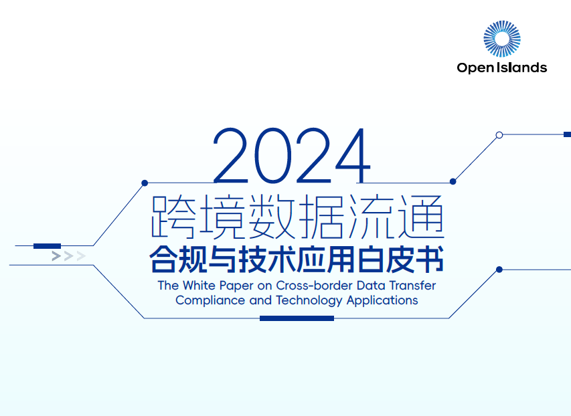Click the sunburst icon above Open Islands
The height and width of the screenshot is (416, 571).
click(x=501, y=38)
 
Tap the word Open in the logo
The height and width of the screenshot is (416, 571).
click(x=472, y=68)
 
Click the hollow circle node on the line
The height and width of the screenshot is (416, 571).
click(x=499, y=135)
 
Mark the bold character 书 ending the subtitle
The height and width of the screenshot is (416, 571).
click(x=430, y=260)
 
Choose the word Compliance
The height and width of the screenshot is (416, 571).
click(x=210, y=300)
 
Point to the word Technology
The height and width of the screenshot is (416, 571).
click(x=309, y=300)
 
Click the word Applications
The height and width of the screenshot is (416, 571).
click(x=382, y=300)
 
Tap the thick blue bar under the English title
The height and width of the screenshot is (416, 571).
click(x=297, y=318)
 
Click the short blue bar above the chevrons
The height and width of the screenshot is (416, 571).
click(x=47, y=246)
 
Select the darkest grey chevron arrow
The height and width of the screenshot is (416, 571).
click(x=56, y=255)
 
